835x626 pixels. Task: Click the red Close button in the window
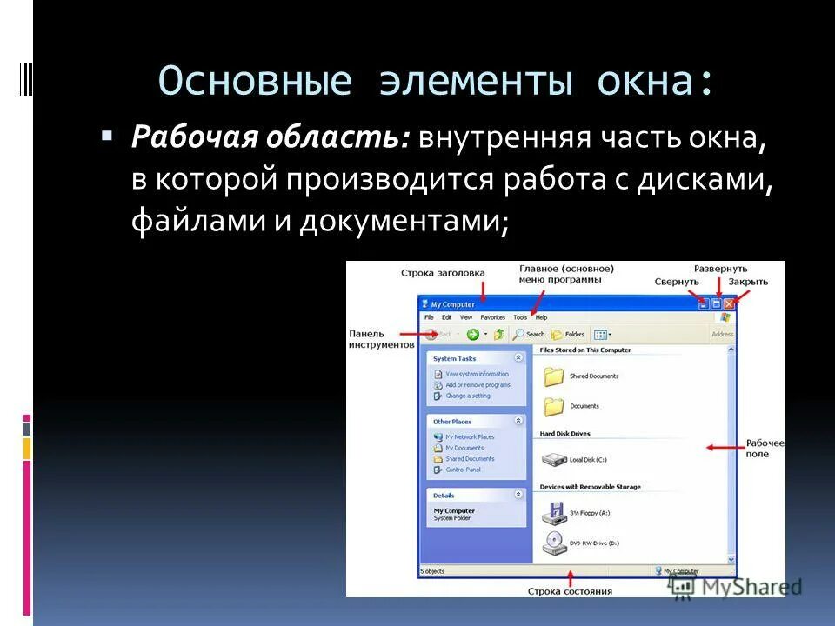[x=729, y=304]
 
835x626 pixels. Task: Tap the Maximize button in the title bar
[x=717, y=304]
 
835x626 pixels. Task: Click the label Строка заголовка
[x=443, y=273]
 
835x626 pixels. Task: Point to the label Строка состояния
[x=570, y=591]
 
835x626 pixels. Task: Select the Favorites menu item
[x=492, y=318]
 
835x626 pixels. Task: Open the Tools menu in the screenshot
[x=520, y=318]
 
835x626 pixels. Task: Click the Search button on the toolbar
[x=529, y=334]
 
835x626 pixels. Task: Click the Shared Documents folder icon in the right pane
[x=553, y=376]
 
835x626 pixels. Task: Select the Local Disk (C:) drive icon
[x=553, y=458]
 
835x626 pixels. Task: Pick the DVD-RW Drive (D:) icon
[x=553, y=543]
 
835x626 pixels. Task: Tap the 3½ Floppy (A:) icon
[x=553, y=513]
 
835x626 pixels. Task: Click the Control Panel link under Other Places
[x=463, y=469]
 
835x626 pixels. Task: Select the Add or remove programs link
[x=478, y=385]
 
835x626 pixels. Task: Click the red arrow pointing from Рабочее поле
[x=721, y=448]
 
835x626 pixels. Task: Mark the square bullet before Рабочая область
[x=107, y=137]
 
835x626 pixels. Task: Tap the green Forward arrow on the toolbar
[x=472, y=334]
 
